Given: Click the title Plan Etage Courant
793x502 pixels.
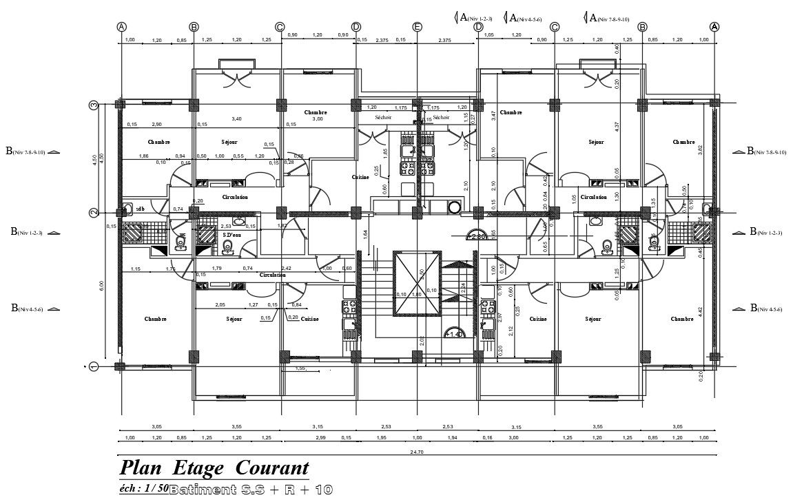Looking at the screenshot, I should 214,469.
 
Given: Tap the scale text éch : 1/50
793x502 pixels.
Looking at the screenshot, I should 143,488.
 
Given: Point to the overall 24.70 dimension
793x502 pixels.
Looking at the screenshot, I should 415,451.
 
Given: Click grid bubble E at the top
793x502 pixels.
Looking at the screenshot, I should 417,27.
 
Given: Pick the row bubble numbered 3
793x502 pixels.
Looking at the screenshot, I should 94,105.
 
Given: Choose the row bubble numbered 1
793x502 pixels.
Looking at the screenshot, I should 94,366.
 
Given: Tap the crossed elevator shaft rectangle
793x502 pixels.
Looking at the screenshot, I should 416,283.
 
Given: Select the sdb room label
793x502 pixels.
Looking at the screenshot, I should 140,208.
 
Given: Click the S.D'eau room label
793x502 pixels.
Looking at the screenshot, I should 232,235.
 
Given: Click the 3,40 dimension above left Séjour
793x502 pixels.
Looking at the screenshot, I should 237,119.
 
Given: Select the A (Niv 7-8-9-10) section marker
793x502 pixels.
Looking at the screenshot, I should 606,18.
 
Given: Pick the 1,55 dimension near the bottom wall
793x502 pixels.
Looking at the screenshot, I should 300,368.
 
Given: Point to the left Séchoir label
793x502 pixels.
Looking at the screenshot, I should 383,118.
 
